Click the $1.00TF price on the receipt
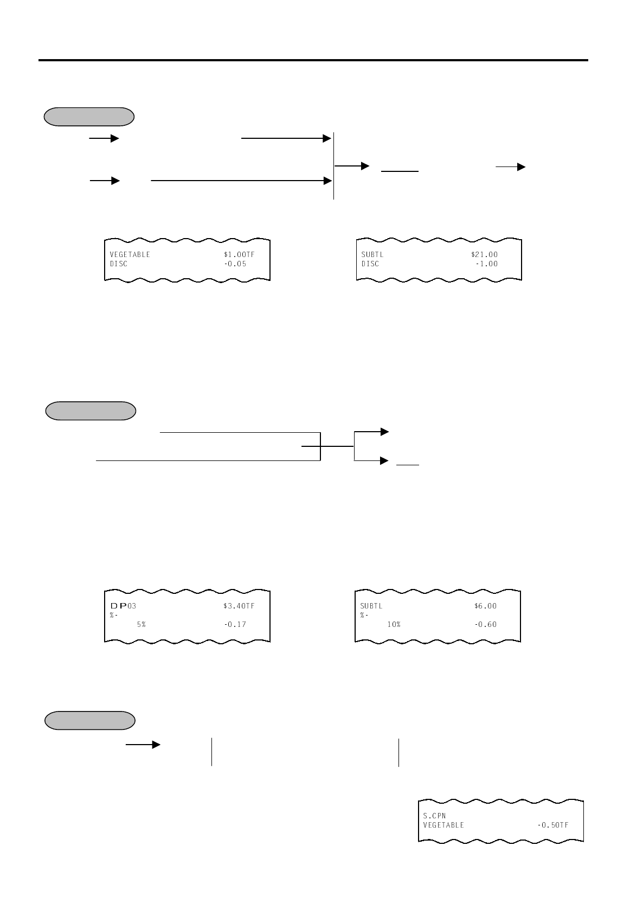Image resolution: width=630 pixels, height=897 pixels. (x=239, y=254)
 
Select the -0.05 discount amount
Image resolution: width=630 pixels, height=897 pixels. (x=235, y=264)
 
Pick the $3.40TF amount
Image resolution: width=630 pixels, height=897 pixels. (x=239, y=606)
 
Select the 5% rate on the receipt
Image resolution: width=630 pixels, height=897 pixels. (x=141, y=624)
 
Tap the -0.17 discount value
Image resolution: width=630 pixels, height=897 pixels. (x=235, y=624)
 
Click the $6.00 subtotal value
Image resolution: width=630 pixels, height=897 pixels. (x=485, y=606)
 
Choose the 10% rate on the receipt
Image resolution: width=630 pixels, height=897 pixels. (x=393, y=624)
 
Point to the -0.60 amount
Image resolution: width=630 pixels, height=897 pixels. (x=485, y=624)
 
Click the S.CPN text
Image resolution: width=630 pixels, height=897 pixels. (x=434, y=815)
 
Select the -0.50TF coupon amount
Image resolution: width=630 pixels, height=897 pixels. (x=552, y=825)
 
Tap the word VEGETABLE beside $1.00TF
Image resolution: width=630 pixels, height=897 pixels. (x=130, y=254)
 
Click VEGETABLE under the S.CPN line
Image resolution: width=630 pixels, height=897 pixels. (x=443, y=825)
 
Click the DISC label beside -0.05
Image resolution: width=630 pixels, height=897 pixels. (x=118, y=264)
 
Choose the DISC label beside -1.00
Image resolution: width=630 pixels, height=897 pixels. (x=370, y=264)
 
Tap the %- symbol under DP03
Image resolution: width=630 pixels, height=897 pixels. (x=114, y=615)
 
